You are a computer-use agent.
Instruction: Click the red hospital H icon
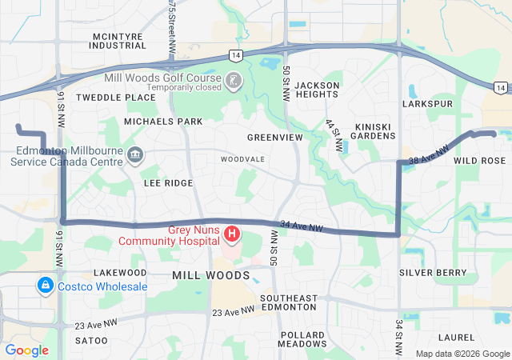point(232,234)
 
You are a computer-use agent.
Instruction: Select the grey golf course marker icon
point(232,81)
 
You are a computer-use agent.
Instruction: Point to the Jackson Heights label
point(317,90)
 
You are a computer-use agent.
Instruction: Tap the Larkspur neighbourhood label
point(429,104)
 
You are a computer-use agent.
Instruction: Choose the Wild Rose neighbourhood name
point(480,161)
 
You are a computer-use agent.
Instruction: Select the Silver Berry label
point(433,273)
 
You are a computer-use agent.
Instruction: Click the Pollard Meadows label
point(302,338)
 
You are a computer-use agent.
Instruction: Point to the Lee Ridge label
point(168,183)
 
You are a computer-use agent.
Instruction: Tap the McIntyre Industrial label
point(119,41)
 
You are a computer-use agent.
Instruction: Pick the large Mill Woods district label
point(211,275)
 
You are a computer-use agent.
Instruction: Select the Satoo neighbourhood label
point(90,341)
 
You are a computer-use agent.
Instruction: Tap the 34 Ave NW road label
point(302,227)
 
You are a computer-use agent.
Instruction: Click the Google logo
point(26,350)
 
